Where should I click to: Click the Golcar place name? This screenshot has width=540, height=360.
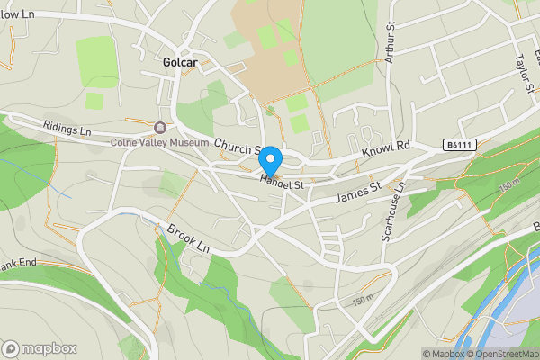click(x=180, y=63)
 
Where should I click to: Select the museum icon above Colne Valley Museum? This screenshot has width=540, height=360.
click(x=160, y=128)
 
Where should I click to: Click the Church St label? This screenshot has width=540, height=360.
click(x=238, y=147)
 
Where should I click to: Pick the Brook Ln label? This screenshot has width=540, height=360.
click(x=188, y=237)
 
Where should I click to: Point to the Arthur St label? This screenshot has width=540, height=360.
click(x=391, y=42)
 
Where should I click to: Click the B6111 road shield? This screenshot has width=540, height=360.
click(x=459, y=144)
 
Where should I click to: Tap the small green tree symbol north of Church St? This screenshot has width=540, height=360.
click(x=270, y=112)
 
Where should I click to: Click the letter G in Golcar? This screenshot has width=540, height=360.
click(x=167, y=63)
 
